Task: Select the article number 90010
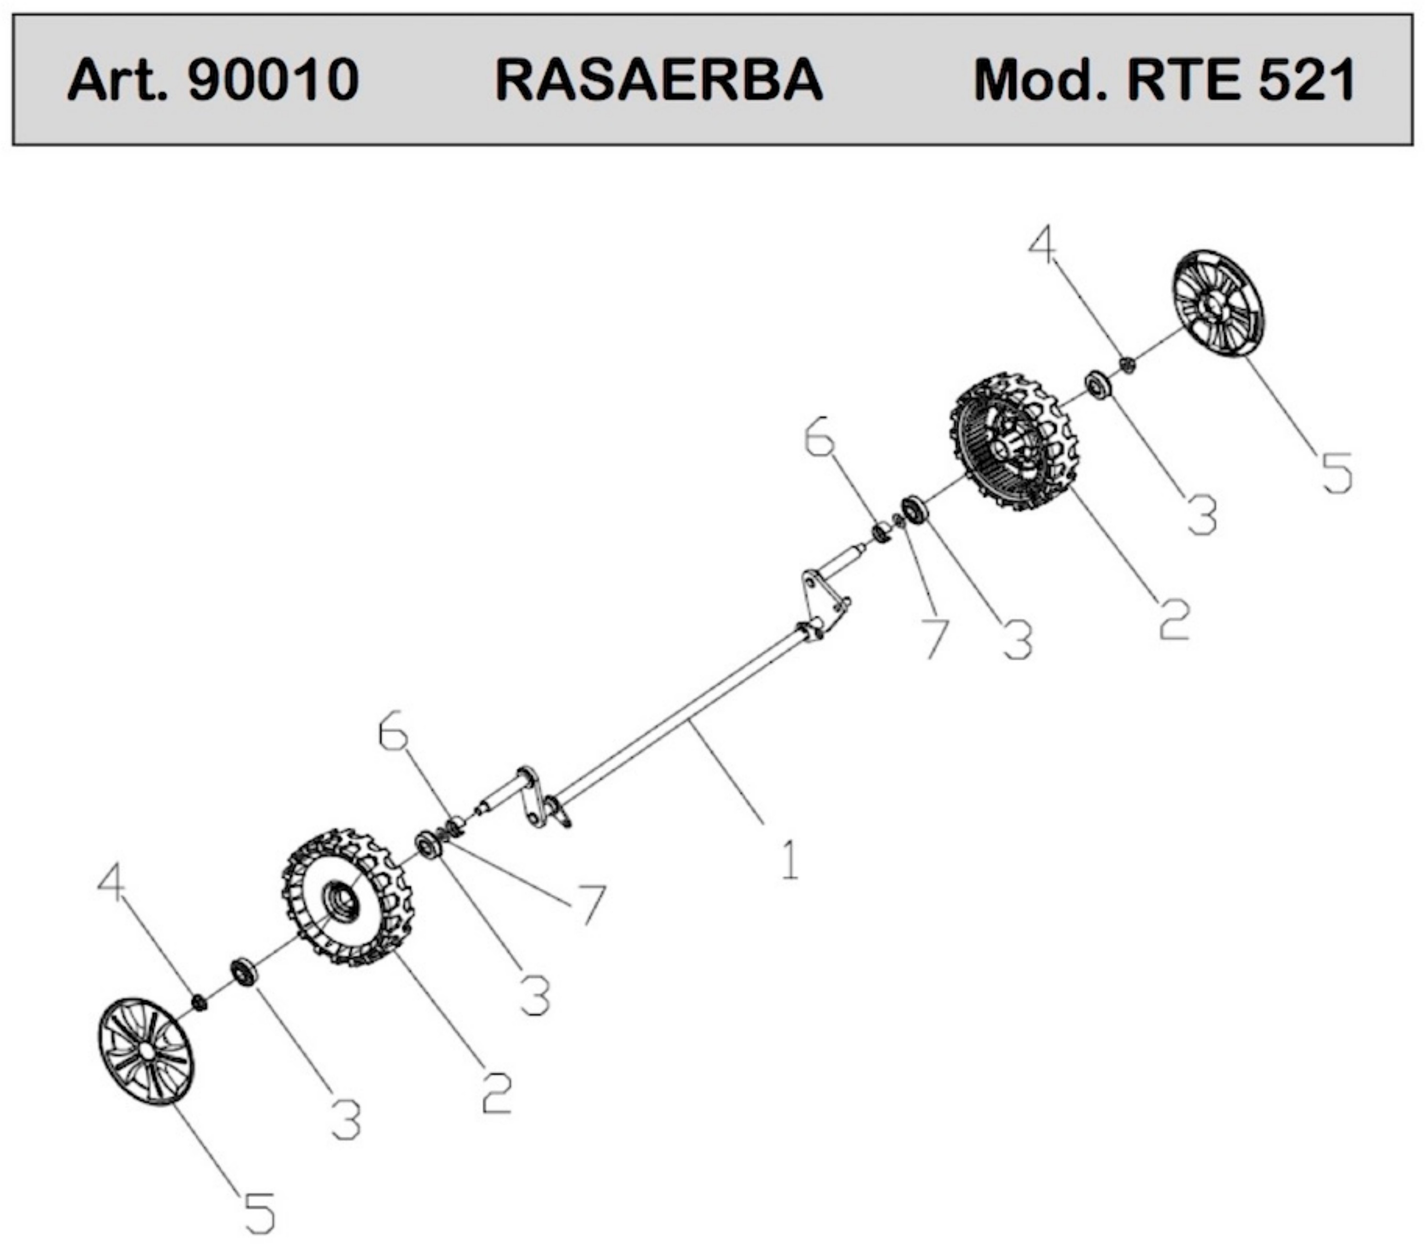[x=274, y=80]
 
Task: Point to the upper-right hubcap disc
[x=1217, y=303]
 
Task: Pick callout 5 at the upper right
[x=1336, y=473]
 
